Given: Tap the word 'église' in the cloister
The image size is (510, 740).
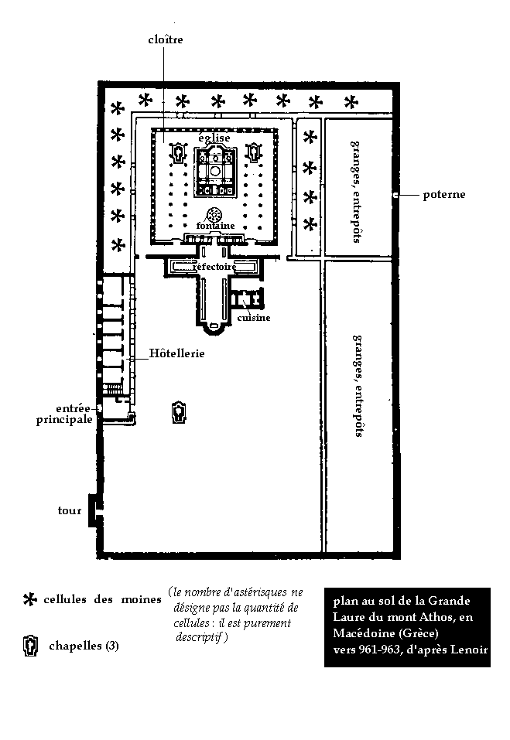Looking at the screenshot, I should click(x=214, y=138).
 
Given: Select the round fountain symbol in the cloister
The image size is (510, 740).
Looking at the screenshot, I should click(x=213, y=214).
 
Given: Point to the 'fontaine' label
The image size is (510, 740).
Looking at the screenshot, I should click(x=215, y=226).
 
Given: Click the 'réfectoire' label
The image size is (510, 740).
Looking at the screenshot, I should click(x=214, y=267).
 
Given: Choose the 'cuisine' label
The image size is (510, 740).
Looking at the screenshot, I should click(x=254, y=318).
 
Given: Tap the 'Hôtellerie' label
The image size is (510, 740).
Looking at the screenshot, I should click(x=176, y=353).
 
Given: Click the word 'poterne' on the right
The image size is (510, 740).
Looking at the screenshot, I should click(x=443, y=194).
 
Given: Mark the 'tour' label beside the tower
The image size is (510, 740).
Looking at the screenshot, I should click(x=70, y=510).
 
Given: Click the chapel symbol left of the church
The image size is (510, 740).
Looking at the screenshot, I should click(x=180, y=153).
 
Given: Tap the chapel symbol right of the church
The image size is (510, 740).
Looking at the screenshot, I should click(x=252, y=153).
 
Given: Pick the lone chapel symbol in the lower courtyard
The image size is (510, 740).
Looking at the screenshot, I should click(x=179, y=411).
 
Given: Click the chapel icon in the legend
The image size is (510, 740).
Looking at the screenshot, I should click(x=30, y=645).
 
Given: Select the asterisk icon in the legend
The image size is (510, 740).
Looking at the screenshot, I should click(x=30, y=599).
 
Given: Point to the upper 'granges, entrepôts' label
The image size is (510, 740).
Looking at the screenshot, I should click(x=355, y=191).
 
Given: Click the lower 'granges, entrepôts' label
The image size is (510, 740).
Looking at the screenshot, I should click(x=358, y=385).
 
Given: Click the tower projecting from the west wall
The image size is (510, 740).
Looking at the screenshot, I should click(x=93, y=510).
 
